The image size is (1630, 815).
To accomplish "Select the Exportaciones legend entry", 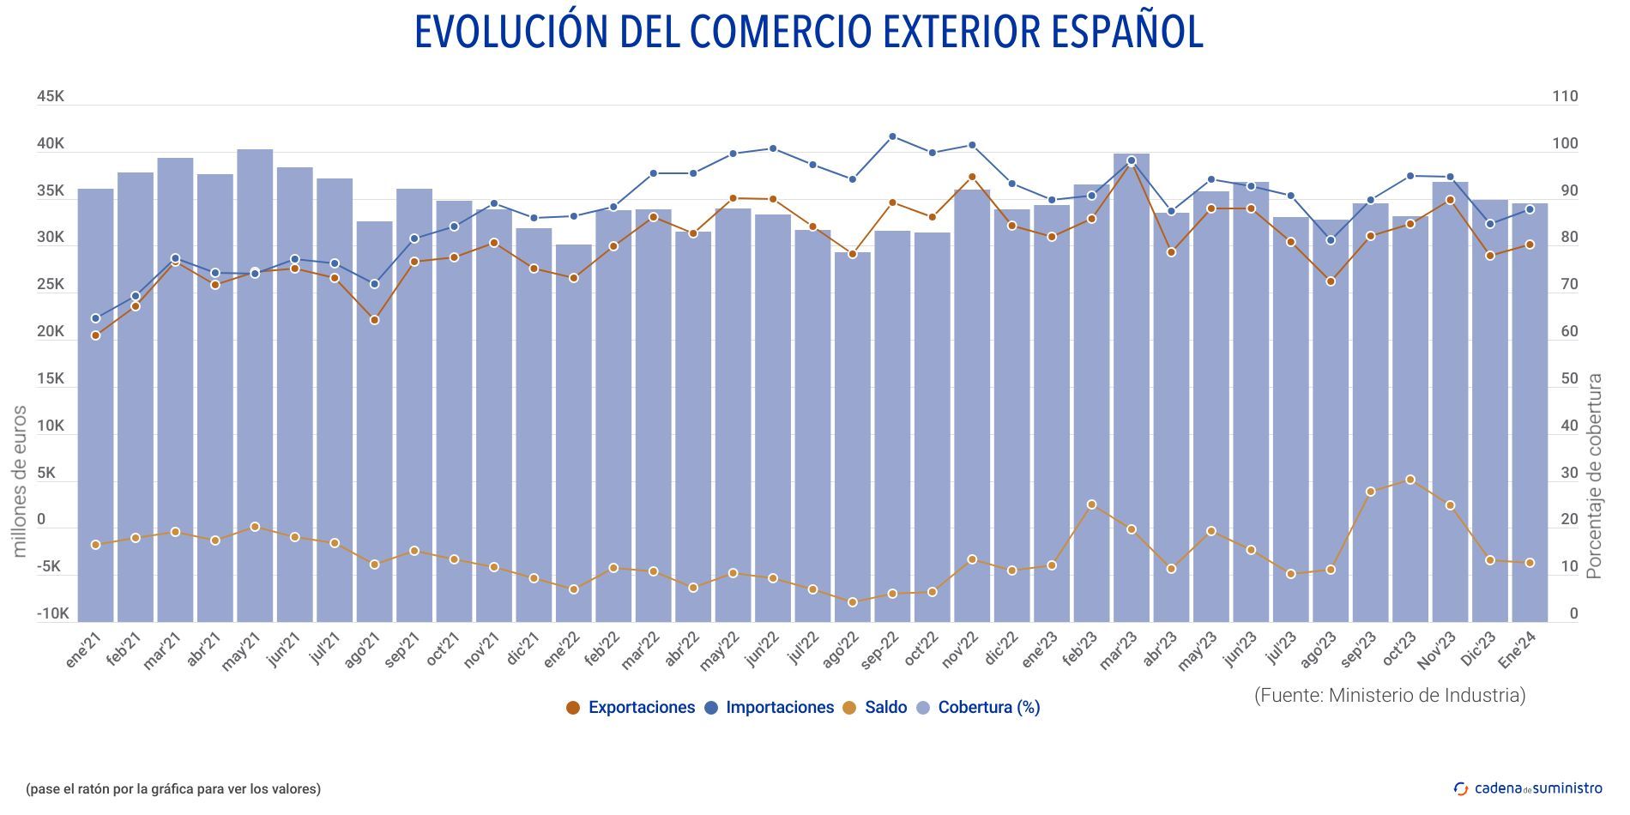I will click(x=631, y=708).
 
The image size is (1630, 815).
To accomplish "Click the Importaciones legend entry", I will click(x=769, y=708).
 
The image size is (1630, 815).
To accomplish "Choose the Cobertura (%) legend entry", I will click(x=978, y=708).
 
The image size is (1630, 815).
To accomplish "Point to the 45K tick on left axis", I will click(x=50, y=96).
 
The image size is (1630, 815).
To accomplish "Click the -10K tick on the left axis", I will click(x=51, y=613).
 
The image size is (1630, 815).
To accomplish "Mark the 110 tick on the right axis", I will click(x=1565, y=96).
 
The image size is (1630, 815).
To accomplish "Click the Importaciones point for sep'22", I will click(x=892, y=136).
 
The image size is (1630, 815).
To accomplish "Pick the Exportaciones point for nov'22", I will click(x=972, y=178).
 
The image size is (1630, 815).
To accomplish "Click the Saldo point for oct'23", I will click(x=1410, y=480).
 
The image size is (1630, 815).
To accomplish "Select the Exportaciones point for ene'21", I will click(x=95, y=335).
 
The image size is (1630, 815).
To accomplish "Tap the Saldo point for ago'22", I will click(x=853, y=602).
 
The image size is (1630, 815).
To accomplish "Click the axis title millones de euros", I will click(x=20, y=480).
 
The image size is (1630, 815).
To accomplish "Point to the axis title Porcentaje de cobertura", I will click(x=1594, y=476).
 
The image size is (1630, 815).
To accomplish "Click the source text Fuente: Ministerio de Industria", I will click(x=1390, y=695).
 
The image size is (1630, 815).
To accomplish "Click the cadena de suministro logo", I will click(x=1528, y=788).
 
